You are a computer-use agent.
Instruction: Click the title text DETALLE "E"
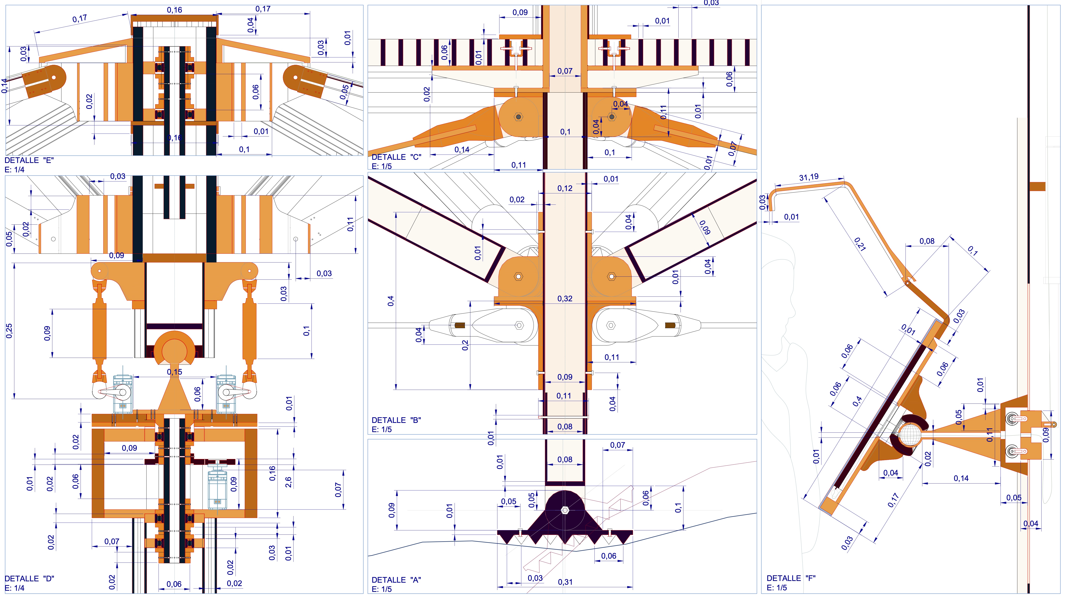pyautogui.click(x=29, y=160)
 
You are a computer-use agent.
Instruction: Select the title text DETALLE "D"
pyautogui.click(x=29, y=578)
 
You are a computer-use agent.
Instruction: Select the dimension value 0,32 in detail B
pyautogui.click(x=565, y=299)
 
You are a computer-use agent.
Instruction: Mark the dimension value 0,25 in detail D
pyautogui.click(x=9, y=331)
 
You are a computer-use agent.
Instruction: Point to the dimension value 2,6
pyautogui.click(x=288, y=482)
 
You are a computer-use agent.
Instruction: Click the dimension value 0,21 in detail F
pyautogui.click(x=860, y=244)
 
